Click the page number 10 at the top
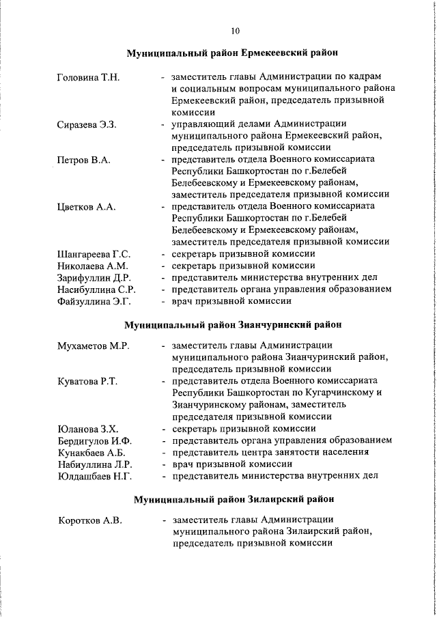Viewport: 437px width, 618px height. (x=235, y=31)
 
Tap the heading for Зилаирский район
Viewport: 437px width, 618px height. (x=233, y=499)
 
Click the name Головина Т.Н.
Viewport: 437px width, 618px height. (x=88, y=77)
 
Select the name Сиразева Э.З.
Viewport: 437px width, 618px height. (x=87, y=124)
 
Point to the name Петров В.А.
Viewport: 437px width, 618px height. (x=84, y=160)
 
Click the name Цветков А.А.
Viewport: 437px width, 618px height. (x=86, y=206)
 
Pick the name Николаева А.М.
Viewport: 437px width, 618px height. (x=92, y=266)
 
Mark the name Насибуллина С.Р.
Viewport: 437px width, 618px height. (x=96, y=289)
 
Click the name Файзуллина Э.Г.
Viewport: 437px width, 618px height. (x=94, y=300)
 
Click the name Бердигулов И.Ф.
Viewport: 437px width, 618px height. (x=94, y=440)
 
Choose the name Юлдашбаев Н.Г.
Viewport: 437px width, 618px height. (x=94, y=475)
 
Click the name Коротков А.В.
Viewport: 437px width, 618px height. (x=89, y=521)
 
